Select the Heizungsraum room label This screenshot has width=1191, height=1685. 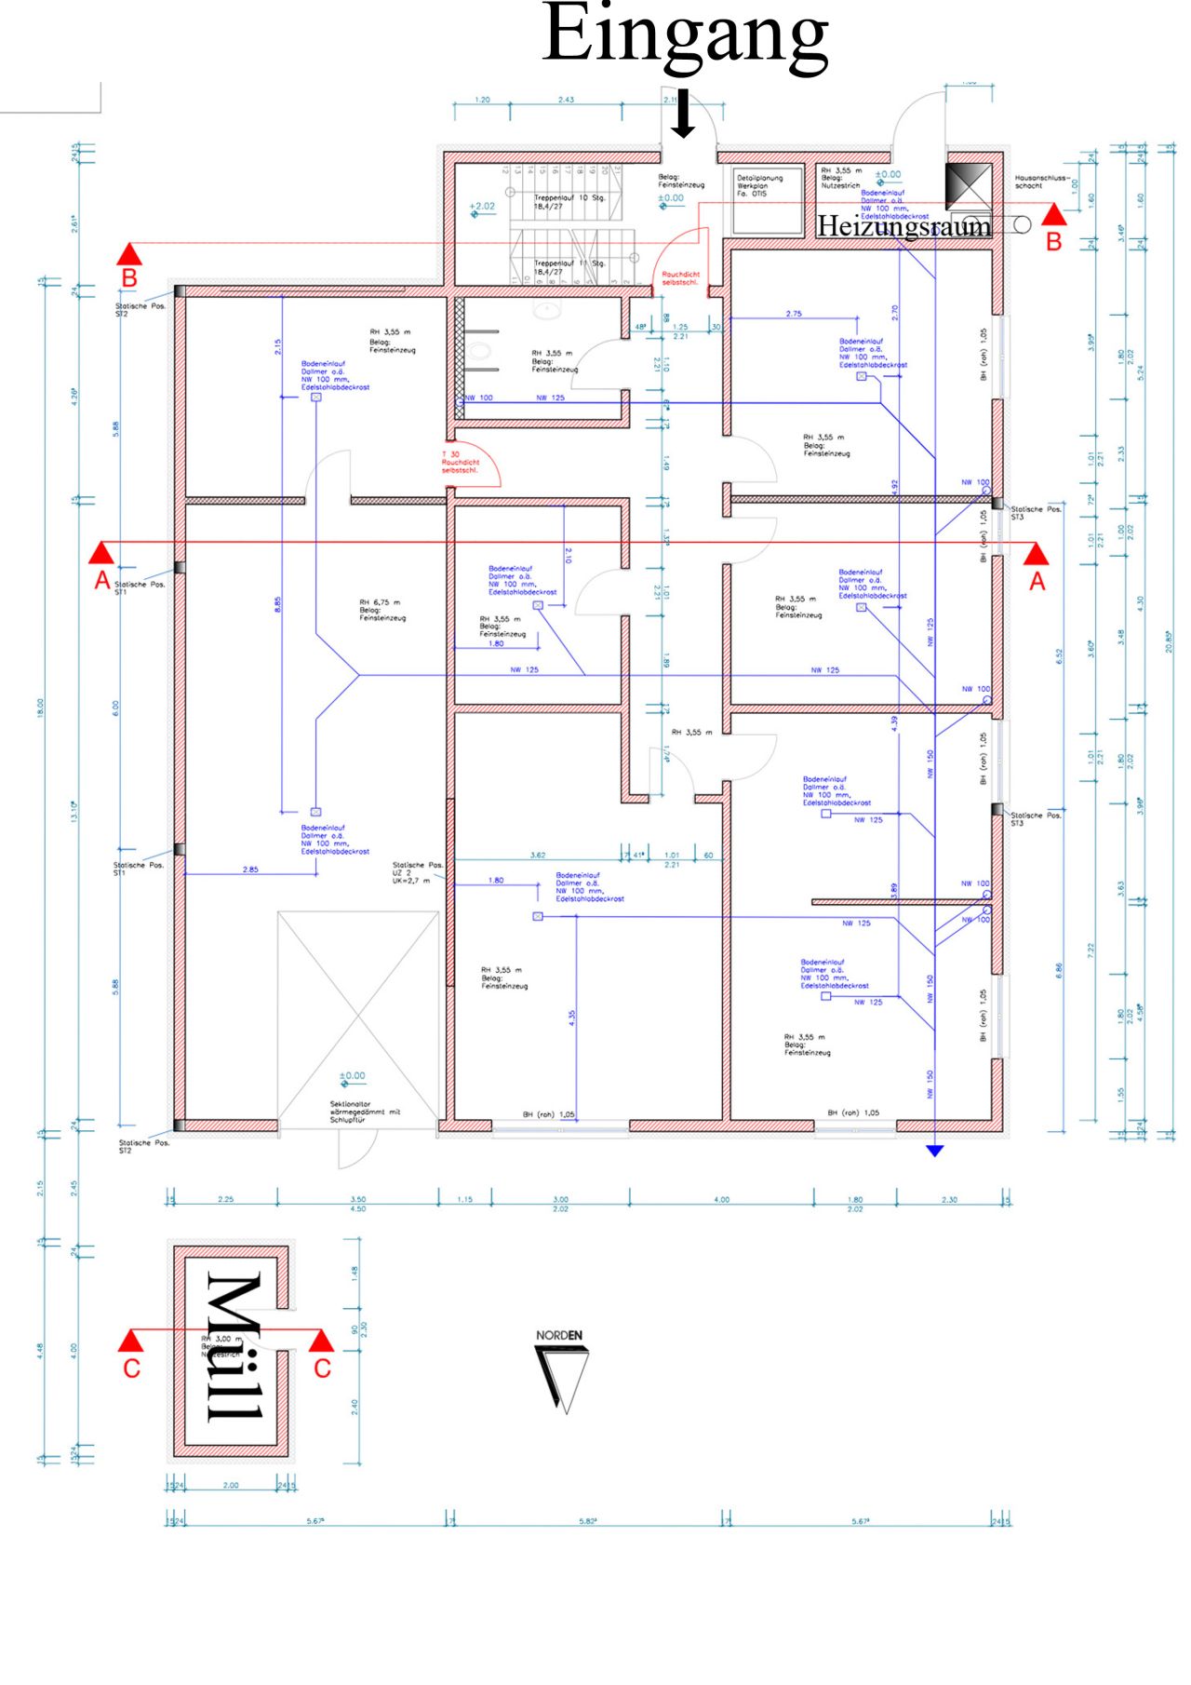click(x=903, y=226)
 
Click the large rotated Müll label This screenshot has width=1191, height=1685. click(x=233, y=1347)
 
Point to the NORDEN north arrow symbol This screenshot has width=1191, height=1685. click(x=560, y=1374)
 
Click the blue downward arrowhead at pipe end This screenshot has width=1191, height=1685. click(x=934, y=1151)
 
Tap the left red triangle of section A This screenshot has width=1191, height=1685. click(x=101, y=554)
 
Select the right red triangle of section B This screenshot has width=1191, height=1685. click(x=1053, y=216)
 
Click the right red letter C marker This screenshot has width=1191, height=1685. click(x=322, y=1368)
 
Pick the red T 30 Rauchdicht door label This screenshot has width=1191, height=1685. click(x=460, y=462)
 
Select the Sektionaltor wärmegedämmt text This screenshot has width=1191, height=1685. click(x=365, y=1112)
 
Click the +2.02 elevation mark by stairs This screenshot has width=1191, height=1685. click(x=482, y=207)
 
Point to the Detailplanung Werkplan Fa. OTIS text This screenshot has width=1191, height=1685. click(x=759, y=185)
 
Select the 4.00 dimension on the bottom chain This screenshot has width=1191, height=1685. click(x=721, y=1199)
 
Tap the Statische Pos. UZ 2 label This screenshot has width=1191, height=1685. click(x=417, y=872)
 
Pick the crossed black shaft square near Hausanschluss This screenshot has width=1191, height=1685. click(x=969, y=185)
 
